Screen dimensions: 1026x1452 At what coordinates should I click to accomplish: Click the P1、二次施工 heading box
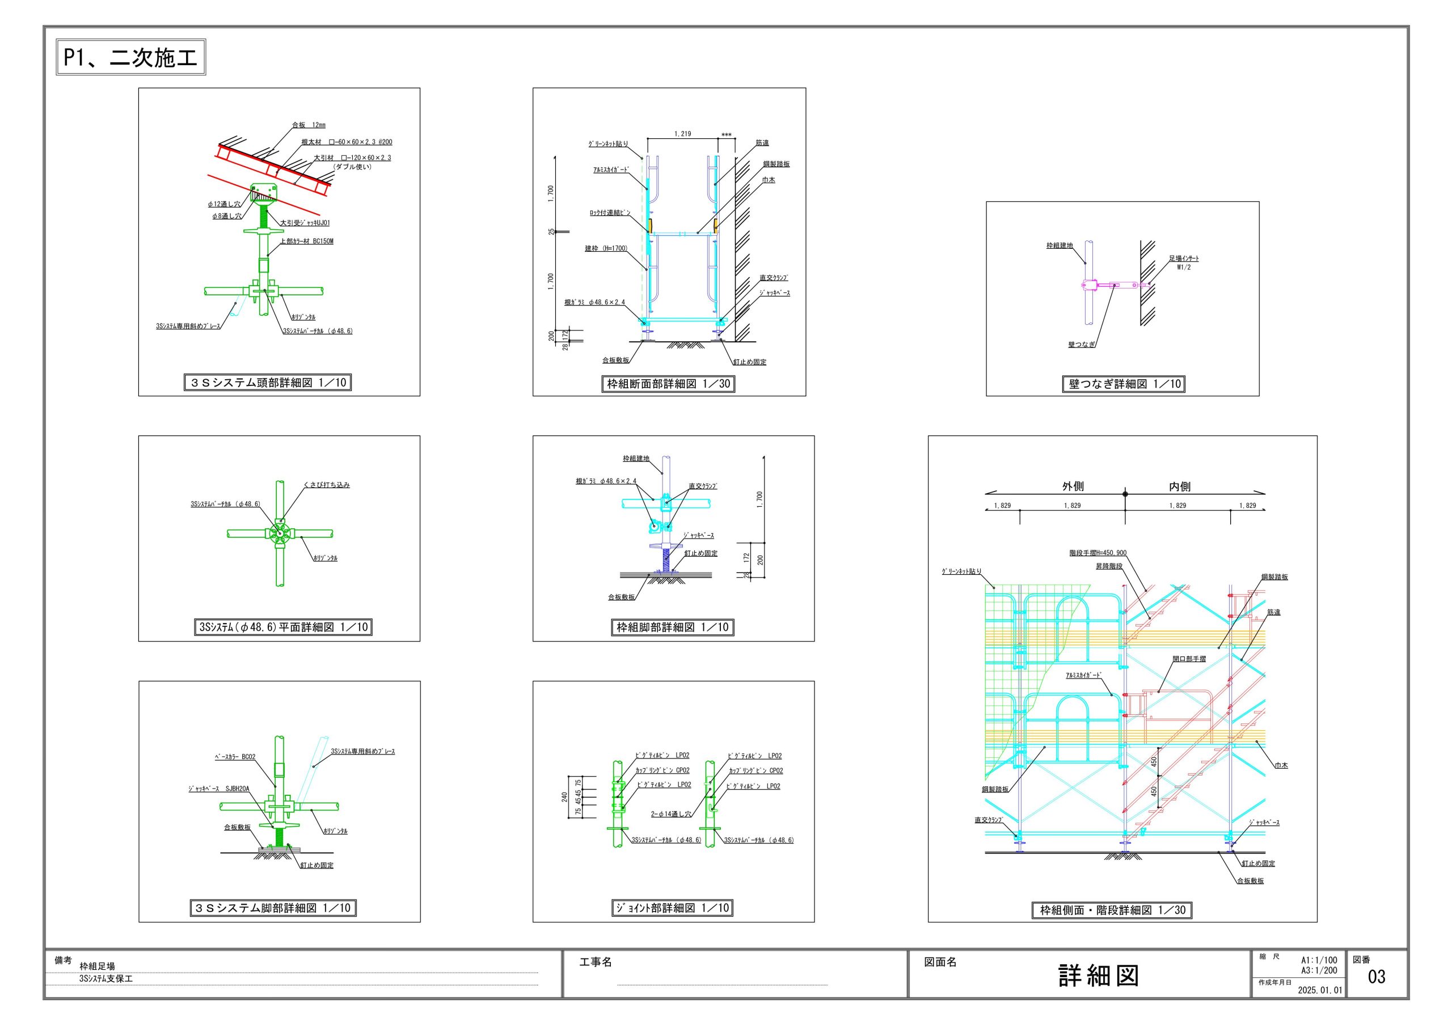coord(131,57)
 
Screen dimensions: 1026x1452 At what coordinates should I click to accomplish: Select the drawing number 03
coord(1376,977)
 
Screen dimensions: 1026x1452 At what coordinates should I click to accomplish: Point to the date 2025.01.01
coord(1320,990)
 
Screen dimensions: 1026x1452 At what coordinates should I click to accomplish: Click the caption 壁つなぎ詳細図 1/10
coord(1123,384)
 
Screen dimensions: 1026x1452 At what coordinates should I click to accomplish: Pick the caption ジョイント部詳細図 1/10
coord(672,908)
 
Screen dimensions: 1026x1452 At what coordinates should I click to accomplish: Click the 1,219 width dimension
coord(682,134)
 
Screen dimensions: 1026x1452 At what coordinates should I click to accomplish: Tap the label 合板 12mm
coord(309,125)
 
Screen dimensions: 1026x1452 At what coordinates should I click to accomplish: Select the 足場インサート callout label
coord(1183,258)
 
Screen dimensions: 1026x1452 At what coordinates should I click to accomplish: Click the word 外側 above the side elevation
coord(1073,486)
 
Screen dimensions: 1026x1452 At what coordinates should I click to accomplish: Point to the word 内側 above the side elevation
coord(1179,486)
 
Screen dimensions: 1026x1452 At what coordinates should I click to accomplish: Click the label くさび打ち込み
coord(326,485)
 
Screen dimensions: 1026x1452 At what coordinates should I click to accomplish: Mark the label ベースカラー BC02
coord(235,757)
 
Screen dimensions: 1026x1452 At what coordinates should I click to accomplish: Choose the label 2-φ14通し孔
coord(670,814)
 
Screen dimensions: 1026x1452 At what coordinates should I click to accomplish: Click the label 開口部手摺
coord(1189,659)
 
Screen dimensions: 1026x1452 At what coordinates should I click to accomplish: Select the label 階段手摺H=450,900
coord(1098,553)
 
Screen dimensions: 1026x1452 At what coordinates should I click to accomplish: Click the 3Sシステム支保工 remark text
coord(105,978)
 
